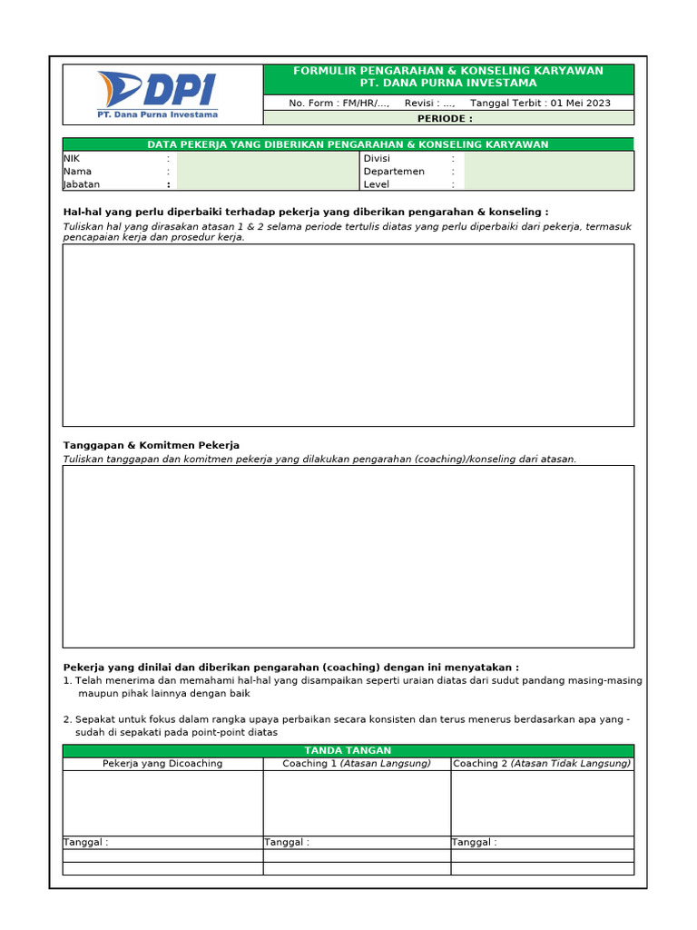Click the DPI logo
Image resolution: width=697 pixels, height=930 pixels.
click(x=157, y=94)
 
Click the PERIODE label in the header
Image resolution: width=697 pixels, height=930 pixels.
click(x=445, y=119)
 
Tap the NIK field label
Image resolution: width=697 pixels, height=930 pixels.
click(x=72, y=158)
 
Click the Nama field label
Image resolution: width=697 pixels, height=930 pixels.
click(x=77, y=172)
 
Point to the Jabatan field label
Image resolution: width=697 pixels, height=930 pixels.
click(x=81, y=184)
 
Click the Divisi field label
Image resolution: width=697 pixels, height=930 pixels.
click(x=377, y=158)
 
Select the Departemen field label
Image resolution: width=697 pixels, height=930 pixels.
click(x=394, y=172)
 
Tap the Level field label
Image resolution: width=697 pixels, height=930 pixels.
click(x=376, y=184)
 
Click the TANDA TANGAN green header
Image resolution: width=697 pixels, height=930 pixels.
click(x=348, y=750)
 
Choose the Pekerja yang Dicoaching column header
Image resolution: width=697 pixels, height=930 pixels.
click(x=162, y=764)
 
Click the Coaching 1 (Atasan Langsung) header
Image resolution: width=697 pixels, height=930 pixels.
click(x=356, y=764)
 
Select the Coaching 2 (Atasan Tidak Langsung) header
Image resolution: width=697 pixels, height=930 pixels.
click(x=542, y=764)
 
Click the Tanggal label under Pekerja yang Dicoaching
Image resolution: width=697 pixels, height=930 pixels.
click(x=85, y=843)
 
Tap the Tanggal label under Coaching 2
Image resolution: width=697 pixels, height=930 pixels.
click(x=474, y=843)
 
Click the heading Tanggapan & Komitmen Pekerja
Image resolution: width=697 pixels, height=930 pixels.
click(x=151, y=446)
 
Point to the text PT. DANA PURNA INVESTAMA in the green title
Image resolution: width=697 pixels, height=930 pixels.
click(x=448, y=84)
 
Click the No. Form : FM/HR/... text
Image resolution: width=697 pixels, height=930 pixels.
click(x=339, y=104)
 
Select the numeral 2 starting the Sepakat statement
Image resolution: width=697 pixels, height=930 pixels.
click(x=66, y=719)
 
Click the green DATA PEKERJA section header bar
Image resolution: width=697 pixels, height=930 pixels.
click(x=348, y=144)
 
